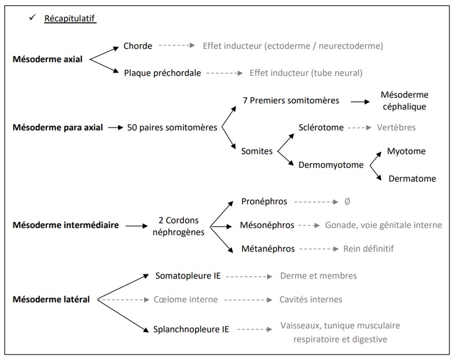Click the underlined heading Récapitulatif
pyautogui.click(x=70, y=19)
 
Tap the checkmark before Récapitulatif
pyautogui.click(x=32, y=18)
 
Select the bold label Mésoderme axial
pyautogui.click(x=47, y=59)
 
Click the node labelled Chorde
pyautogui.click(x=138, y=46)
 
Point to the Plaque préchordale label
pyautogui.click(x=162, y=73)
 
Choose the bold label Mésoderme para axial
pyautogui.click(x=58, y=127)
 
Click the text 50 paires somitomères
pyautogui.click(x=172, y=127)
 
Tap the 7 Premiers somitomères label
pyautogui.click(x=291, y=100)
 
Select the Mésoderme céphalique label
pyautogui.click(x=405, y=101)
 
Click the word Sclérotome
pyautogui.click(x=321, y=127)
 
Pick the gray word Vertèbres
pyautogui.click(x=396, y=127)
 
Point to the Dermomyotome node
pyautogui.click(x=331, y=165)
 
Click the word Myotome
pyautogui.click(x=406, y=151)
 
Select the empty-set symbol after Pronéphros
pyautogui.click(x=347, y=201)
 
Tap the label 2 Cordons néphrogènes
pyautogui.click(x=178, y=226)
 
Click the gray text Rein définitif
pyautogui.click(x=368, y=249)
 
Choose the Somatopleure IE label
pyautogui.click(x=188, y=276)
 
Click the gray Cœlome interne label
pyautogui.click(x=185, y=300)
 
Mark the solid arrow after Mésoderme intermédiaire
pyautogui.click(x=137, y=226)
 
